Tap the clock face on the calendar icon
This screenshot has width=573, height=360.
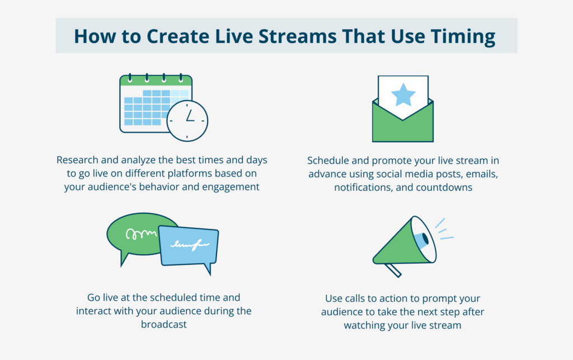click(187, 120)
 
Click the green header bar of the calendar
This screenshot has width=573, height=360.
click(156, 81)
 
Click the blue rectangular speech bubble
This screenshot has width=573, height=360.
click(189, 245)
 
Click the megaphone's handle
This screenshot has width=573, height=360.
click(393, 269)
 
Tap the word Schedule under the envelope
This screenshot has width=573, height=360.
click(330, 160)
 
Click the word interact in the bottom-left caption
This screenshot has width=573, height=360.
click(93, 311)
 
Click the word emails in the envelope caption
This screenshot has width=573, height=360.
click(483, 174)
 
